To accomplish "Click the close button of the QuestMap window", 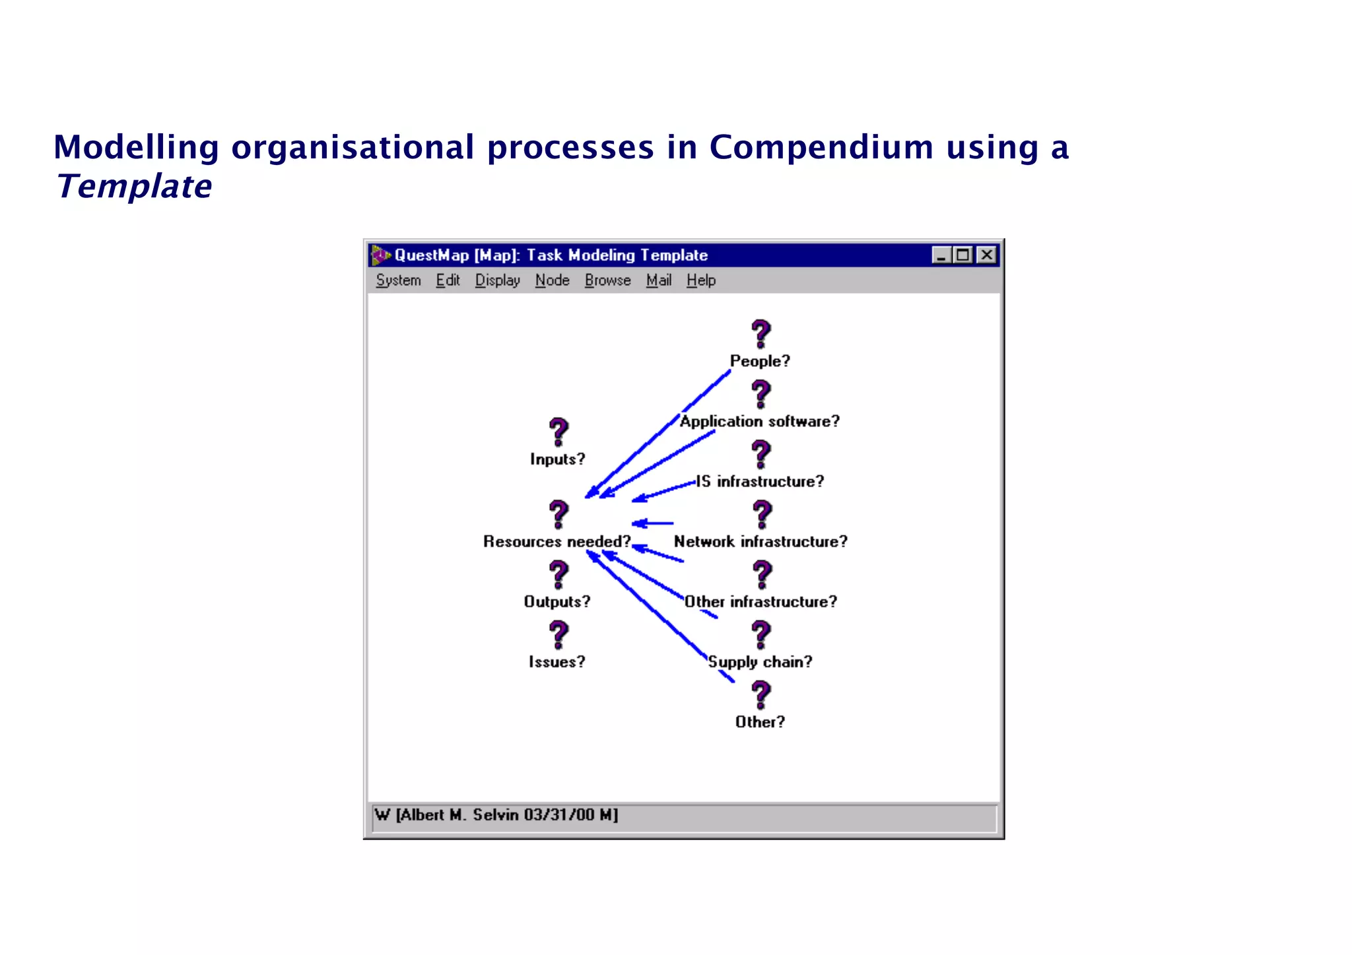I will coord(986,255).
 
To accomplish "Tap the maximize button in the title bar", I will coord(963,255).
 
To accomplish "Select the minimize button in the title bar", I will coord(941,255).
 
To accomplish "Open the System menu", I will coord(398,280).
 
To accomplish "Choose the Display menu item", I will coord(497,280).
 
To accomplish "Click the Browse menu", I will coord(607,280).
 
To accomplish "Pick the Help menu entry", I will coord(700,280).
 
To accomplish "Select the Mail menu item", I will coord(658,280).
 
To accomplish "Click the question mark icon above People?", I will coord(760,334).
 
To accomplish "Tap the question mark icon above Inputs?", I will coord(558,432).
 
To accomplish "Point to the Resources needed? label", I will coord(557,542).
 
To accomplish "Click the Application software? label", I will coord(759,422).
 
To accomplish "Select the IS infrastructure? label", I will coord(760,482).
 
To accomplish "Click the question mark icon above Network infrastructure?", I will coord(762,514).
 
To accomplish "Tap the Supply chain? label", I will coord(760,662).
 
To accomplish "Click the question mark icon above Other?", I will coord(760,694).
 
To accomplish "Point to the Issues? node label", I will coord(557,662).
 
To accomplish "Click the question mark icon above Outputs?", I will coord(558,574).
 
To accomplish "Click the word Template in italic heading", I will coord(135,187).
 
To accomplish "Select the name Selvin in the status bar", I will coord(495,815).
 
